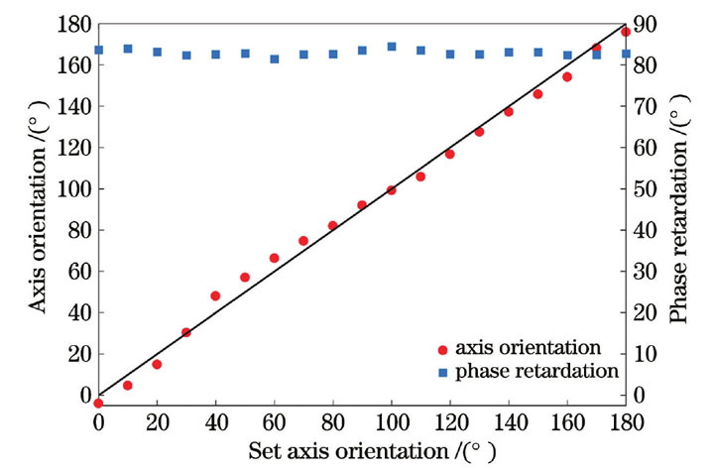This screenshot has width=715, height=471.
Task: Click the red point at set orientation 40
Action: click(x=215, y=295)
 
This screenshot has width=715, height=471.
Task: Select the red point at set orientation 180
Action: click(x=625, y=32)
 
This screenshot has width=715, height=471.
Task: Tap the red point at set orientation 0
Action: click(x=98, y=403)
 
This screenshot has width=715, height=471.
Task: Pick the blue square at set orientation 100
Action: click(x=391, y=47)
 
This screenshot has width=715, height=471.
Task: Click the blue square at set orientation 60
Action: click(x=274, y=59)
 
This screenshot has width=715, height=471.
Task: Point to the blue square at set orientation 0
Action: click(x=98, y=50)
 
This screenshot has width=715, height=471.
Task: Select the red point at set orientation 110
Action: click(x=420, y=177)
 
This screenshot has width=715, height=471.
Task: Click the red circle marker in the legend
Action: click(x=443, y=349)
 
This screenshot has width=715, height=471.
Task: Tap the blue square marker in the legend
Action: click(x=443, y=371)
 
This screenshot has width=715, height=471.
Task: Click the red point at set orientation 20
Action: click(x=157, y=364)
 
